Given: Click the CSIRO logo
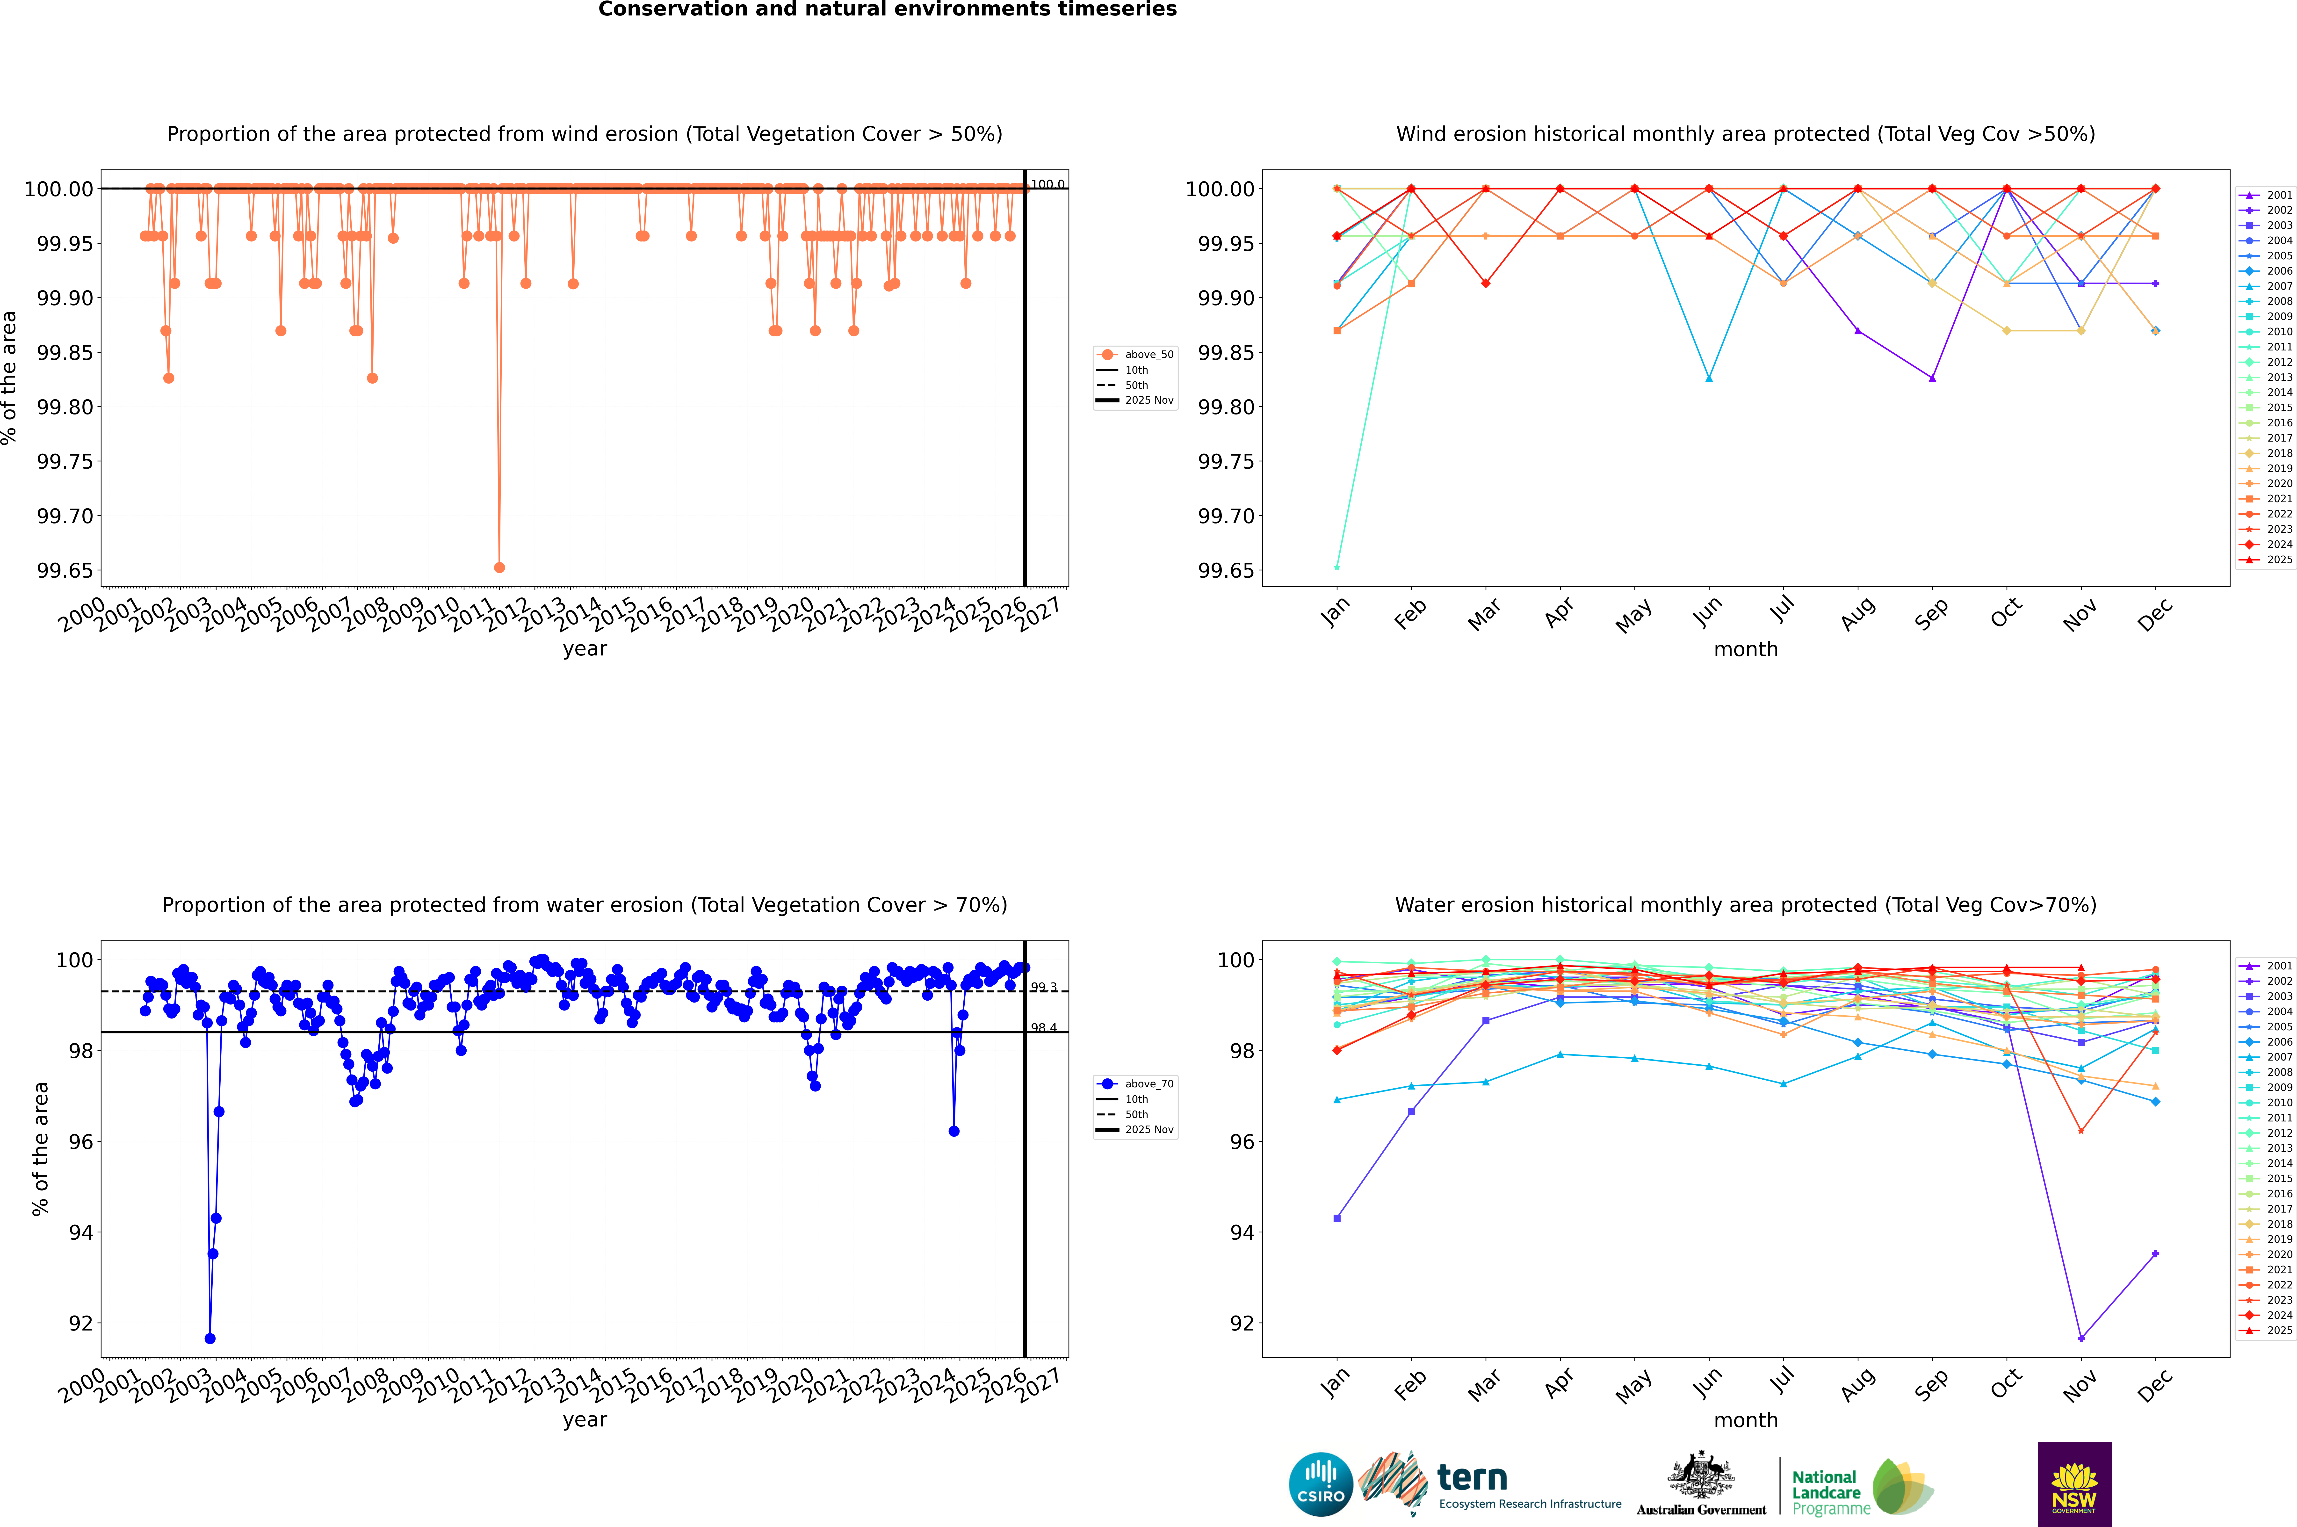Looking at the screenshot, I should (1320, 1484).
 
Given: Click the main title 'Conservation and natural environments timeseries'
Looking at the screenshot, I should (887, 10).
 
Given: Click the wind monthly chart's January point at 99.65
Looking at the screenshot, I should (1337, 567).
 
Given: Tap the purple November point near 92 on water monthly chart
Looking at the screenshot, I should (2081, 1338).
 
